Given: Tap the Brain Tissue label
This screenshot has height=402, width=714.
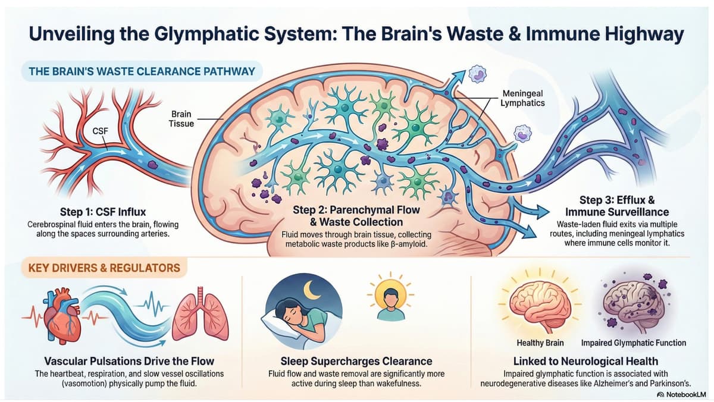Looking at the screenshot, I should [x=181, y=119].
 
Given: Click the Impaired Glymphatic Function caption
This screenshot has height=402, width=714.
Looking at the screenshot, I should [x=633, y=343].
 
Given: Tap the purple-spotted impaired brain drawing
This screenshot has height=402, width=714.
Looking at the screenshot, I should [x=632, y=304].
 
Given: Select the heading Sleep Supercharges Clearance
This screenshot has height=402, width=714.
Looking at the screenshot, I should [x=356, y=361].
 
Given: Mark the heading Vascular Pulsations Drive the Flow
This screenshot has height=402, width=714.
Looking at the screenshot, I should [x=129, y=361].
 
